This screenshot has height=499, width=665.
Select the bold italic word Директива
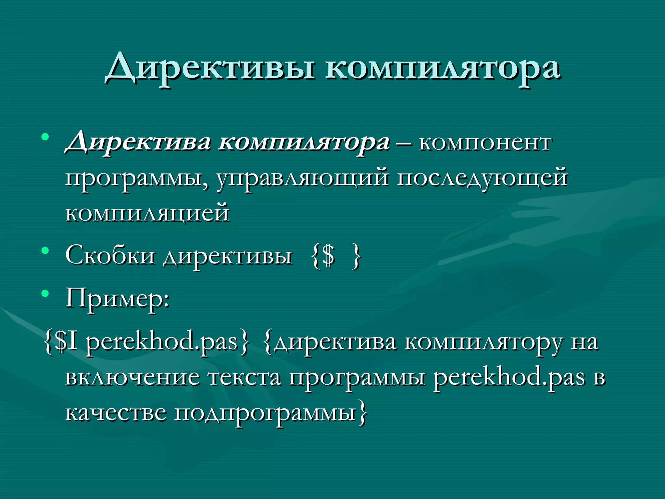coord(138,143)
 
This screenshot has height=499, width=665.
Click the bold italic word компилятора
coord(304,143)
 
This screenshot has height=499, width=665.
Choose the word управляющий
coord(302,178)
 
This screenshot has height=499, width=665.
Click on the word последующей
coord(482,178)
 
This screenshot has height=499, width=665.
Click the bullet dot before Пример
coord(45,294)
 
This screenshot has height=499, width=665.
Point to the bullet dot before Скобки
coord(45,251)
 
